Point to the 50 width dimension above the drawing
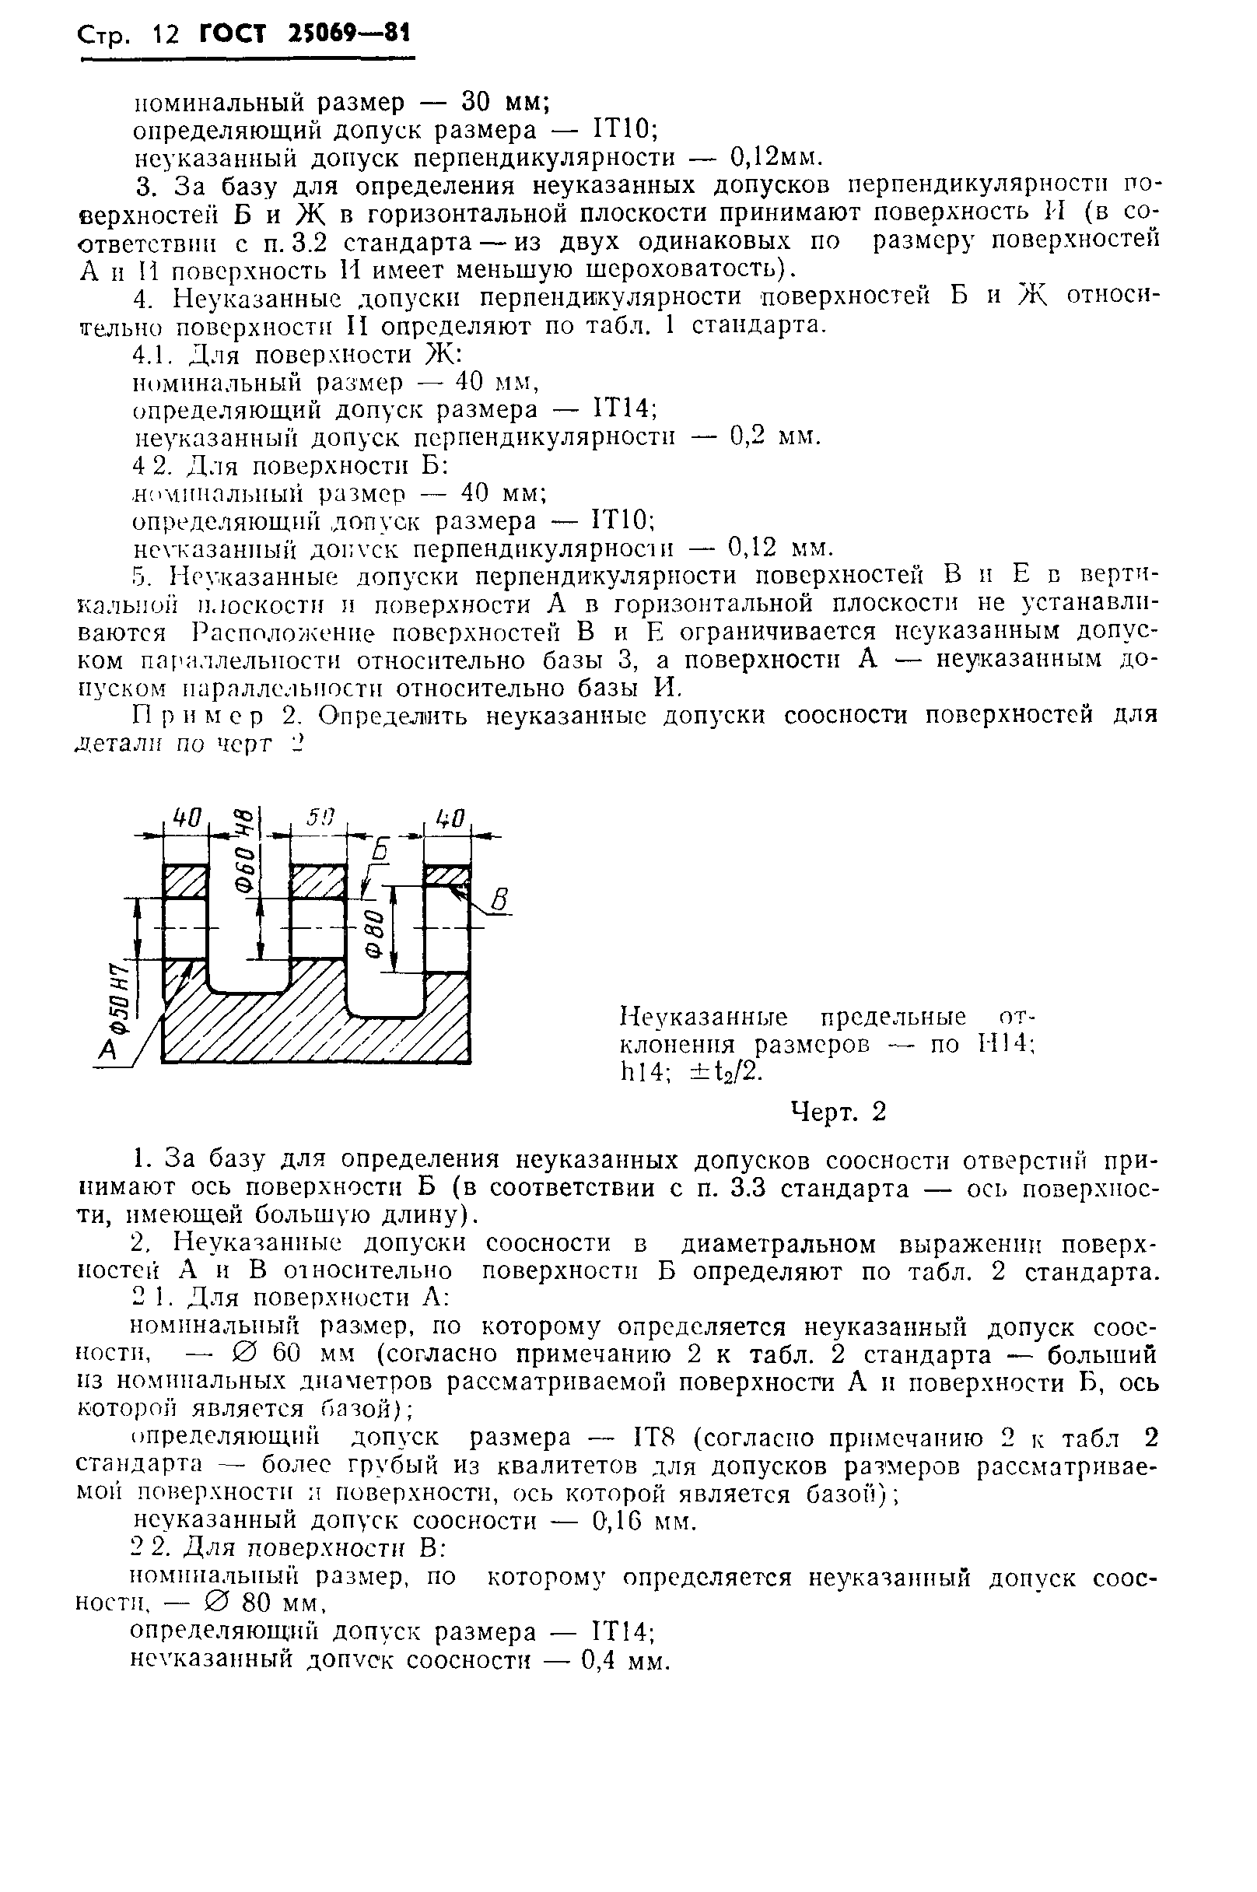(319, 817)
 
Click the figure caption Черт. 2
(839, 1111)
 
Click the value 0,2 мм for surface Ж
(775, 436)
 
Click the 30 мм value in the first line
(504, 102)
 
